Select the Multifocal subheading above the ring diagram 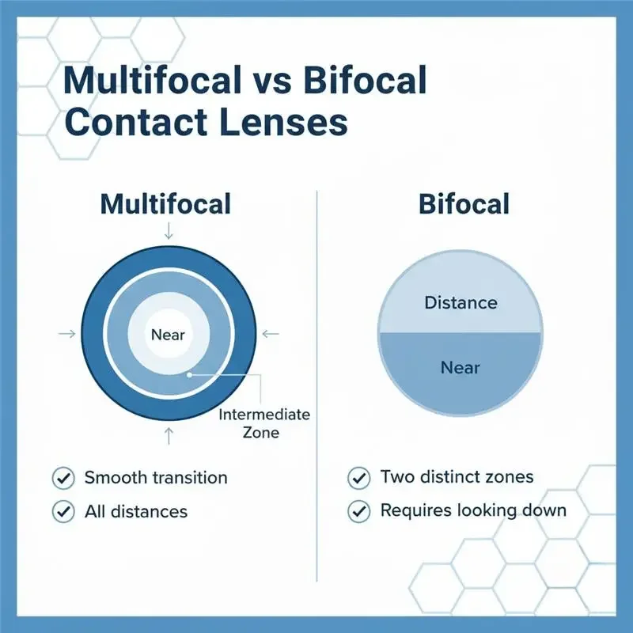[165, 203]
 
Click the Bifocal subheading [463, 203]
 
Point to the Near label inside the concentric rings [167, 334]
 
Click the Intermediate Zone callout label [264, 423]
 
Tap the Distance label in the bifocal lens [461, 302]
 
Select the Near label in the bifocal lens [461, 368]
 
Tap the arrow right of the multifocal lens [271, 335]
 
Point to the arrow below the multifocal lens [168, 434]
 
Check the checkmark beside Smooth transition [62, 478]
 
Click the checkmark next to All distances [62, 512]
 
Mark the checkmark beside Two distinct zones [358, 477]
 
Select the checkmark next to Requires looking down [358, 511]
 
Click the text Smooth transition [156, 478]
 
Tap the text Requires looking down [473, 510]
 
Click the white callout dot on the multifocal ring [189, 374]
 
